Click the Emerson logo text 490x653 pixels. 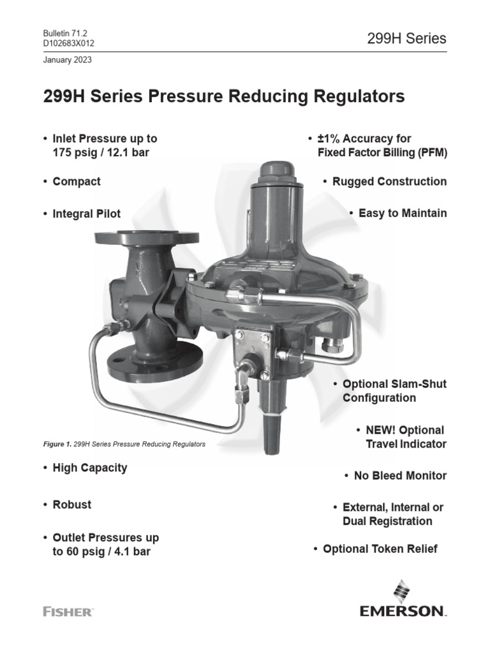(402, 612)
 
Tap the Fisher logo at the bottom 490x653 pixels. (68, 612)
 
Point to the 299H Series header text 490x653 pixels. (406, 38)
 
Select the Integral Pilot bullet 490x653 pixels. (86, 213)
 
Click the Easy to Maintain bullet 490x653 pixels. (402, 213)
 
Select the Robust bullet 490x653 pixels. (71, 504)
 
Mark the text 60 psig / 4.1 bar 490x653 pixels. (110, 551)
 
